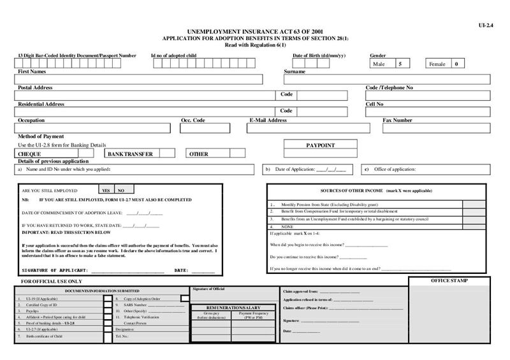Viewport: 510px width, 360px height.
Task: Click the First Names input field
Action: click(140, 80)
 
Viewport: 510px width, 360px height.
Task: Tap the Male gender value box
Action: click(400, 64)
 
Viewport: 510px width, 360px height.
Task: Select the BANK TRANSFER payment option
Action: click(145, 154)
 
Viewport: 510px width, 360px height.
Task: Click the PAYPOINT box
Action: click(320, 145)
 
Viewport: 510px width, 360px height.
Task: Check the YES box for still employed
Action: click(106, 190)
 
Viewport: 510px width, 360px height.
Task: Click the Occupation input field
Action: click(94, 128)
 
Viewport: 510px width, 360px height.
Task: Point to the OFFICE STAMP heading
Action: click(449, 281)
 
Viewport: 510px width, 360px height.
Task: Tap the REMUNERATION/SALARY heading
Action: click(226, 307)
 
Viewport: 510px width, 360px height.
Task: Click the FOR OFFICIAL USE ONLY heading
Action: click(52, 281)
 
